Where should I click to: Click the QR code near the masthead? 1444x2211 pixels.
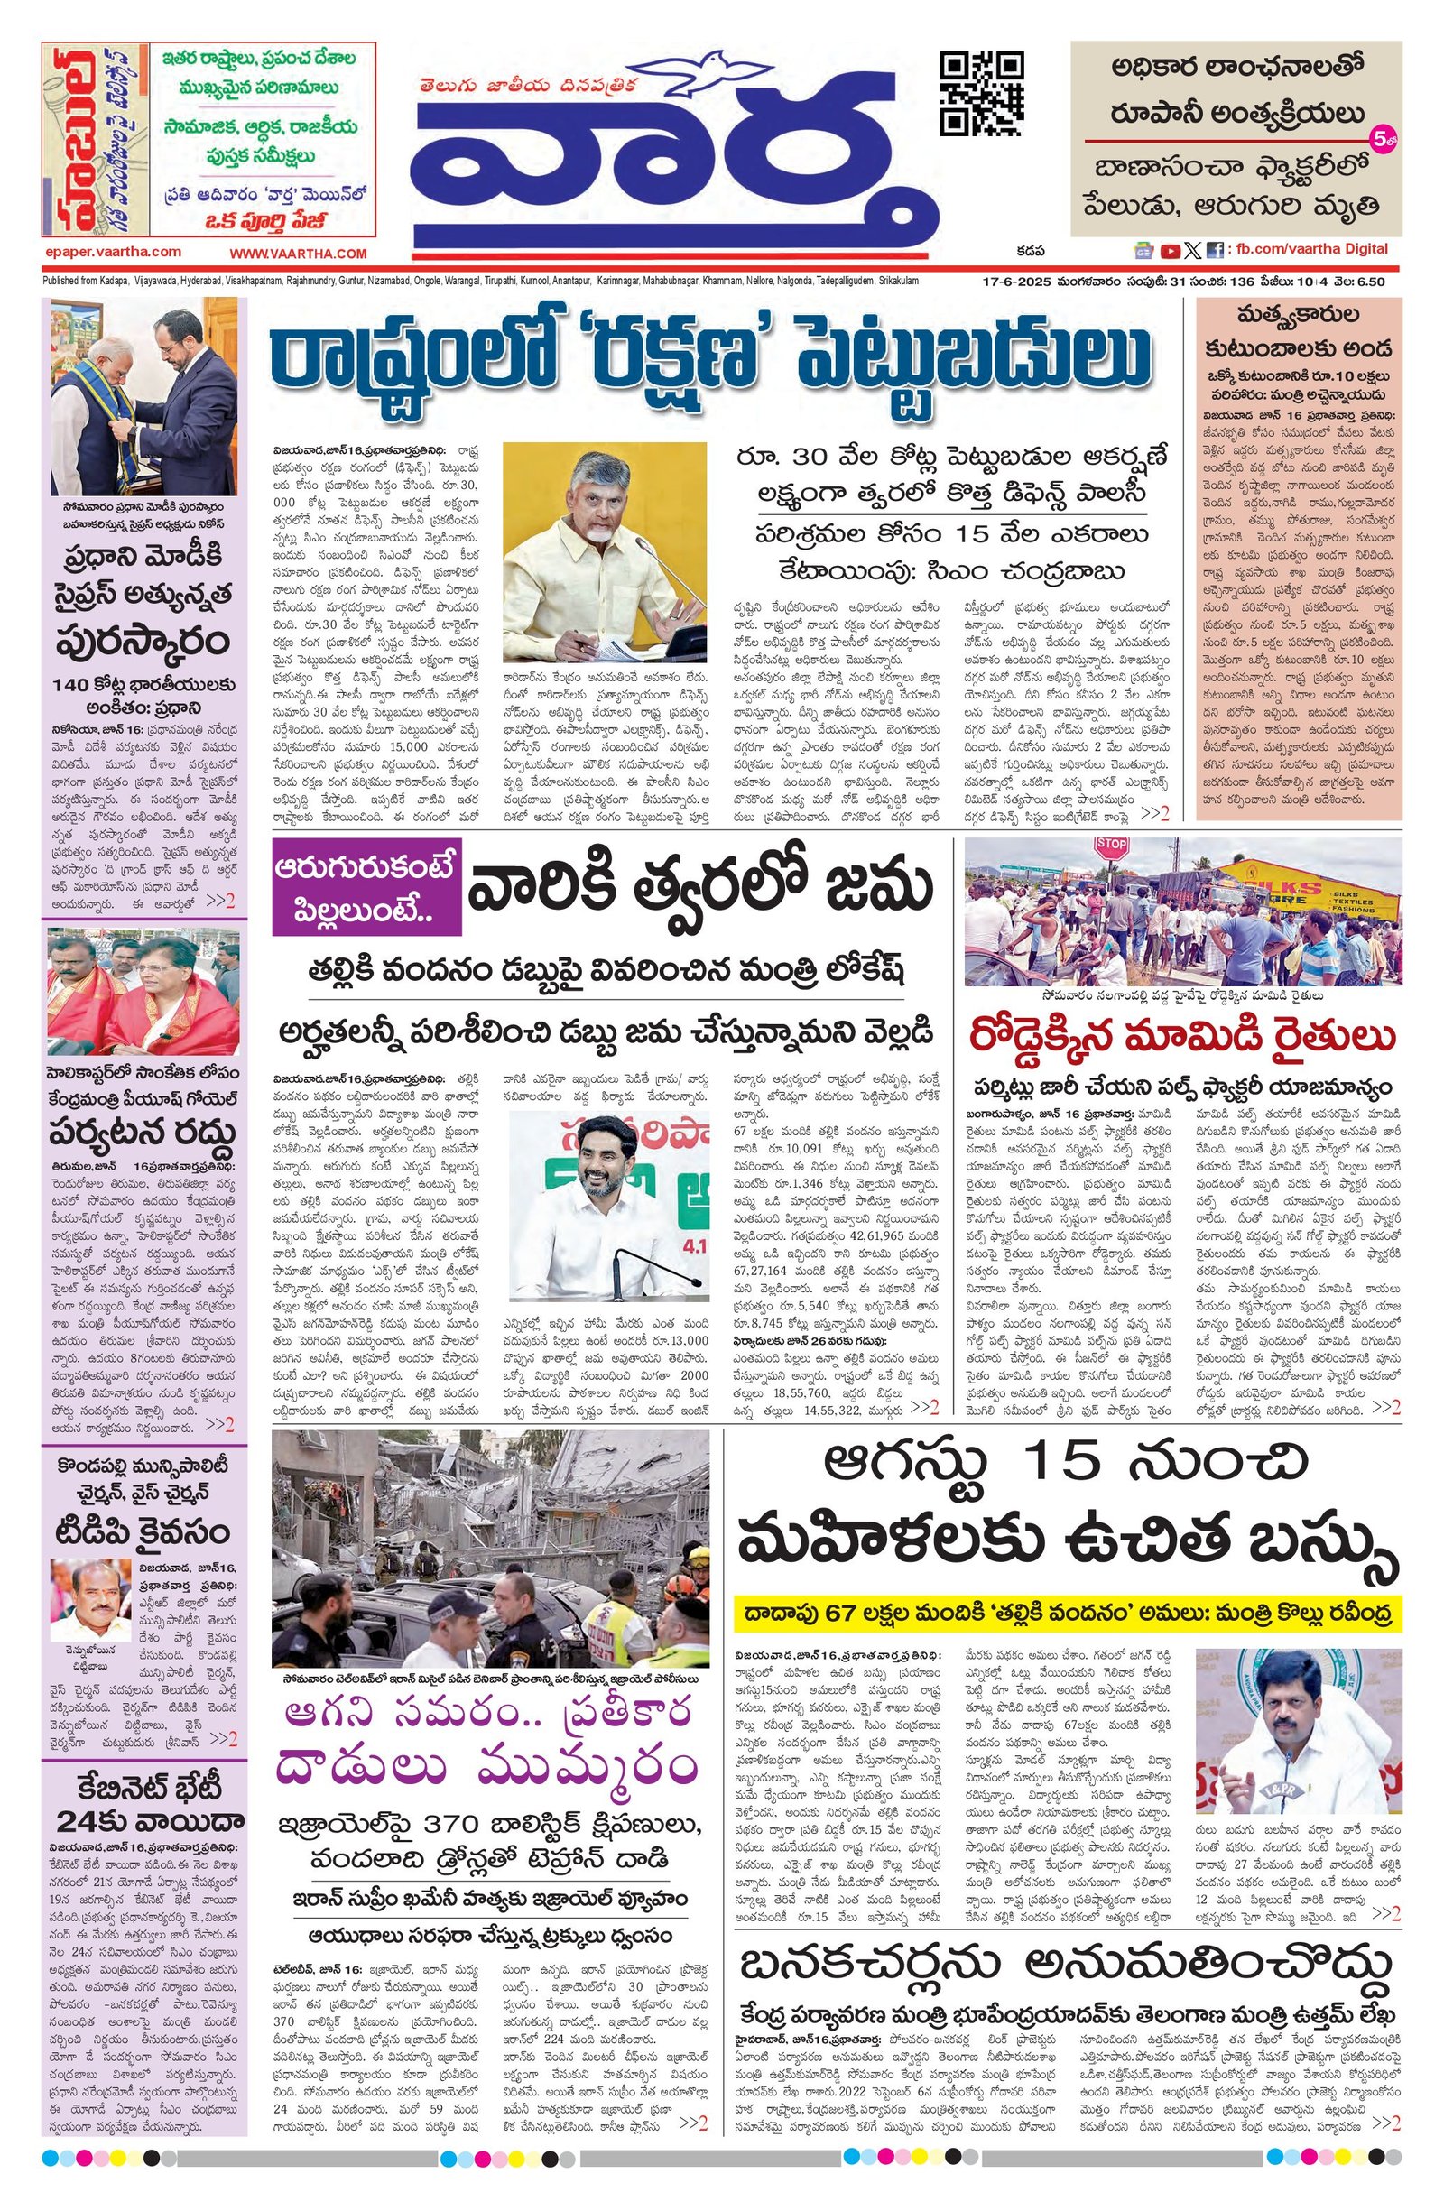click(982, 95)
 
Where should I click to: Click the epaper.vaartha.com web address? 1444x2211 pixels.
click(113, 252)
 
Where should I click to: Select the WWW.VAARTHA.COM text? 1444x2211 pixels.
click(297, 253)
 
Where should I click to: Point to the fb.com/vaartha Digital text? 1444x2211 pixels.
click(1310, 249)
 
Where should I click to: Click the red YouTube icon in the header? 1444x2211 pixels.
click(1170, 250)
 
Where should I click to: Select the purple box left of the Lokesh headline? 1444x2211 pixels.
click(366, 894)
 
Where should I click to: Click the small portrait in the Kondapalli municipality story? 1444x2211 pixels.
click(90, 1603)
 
